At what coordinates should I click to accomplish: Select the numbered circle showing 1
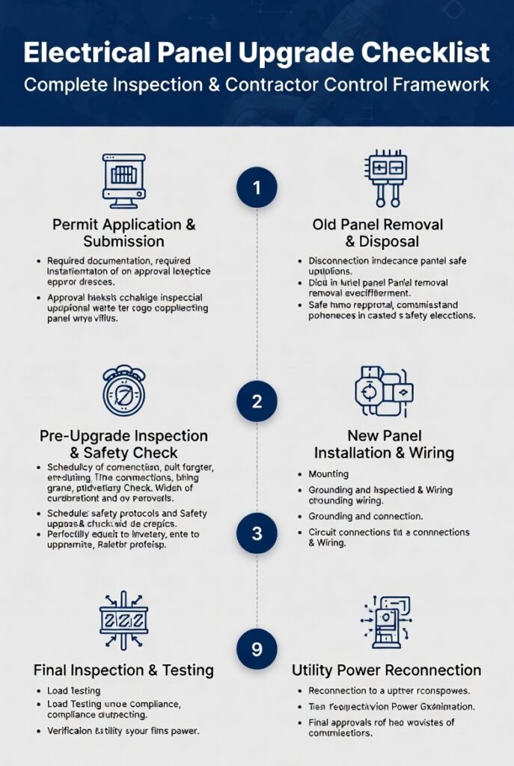(x=257, y=187)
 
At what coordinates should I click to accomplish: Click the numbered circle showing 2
(x=257, y=401)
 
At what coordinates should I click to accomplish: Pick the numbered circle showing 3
(x=257, y=533)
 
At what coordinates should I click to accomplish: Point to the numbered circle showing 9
(x=257, y=648)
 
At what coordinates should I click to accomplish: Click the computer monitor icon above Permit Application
(x=123, y=180)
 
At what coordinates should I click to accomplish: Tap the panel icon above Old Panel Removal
(x=386, y=178)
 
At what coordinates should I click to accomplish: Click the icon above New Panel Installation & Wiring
(x=384, y=390)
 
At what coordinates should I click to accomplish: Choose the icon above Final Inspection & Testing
(x=123, y=619)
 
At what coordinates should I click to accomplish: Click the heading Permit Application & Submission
(x=123, y=233)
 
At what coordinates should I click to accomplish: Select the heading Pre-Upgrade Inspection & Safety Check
(x=123, y=444)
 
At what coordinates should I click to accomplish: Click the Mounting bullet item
(x=328, y=474)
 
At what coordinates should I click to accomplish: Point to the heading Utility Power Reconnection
(x=386, y=670)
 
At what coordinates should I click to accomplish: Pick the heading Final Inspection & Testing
(x=123, y=670)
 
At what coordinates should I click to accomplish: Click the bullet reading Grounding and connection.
(x=365, y=516)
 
